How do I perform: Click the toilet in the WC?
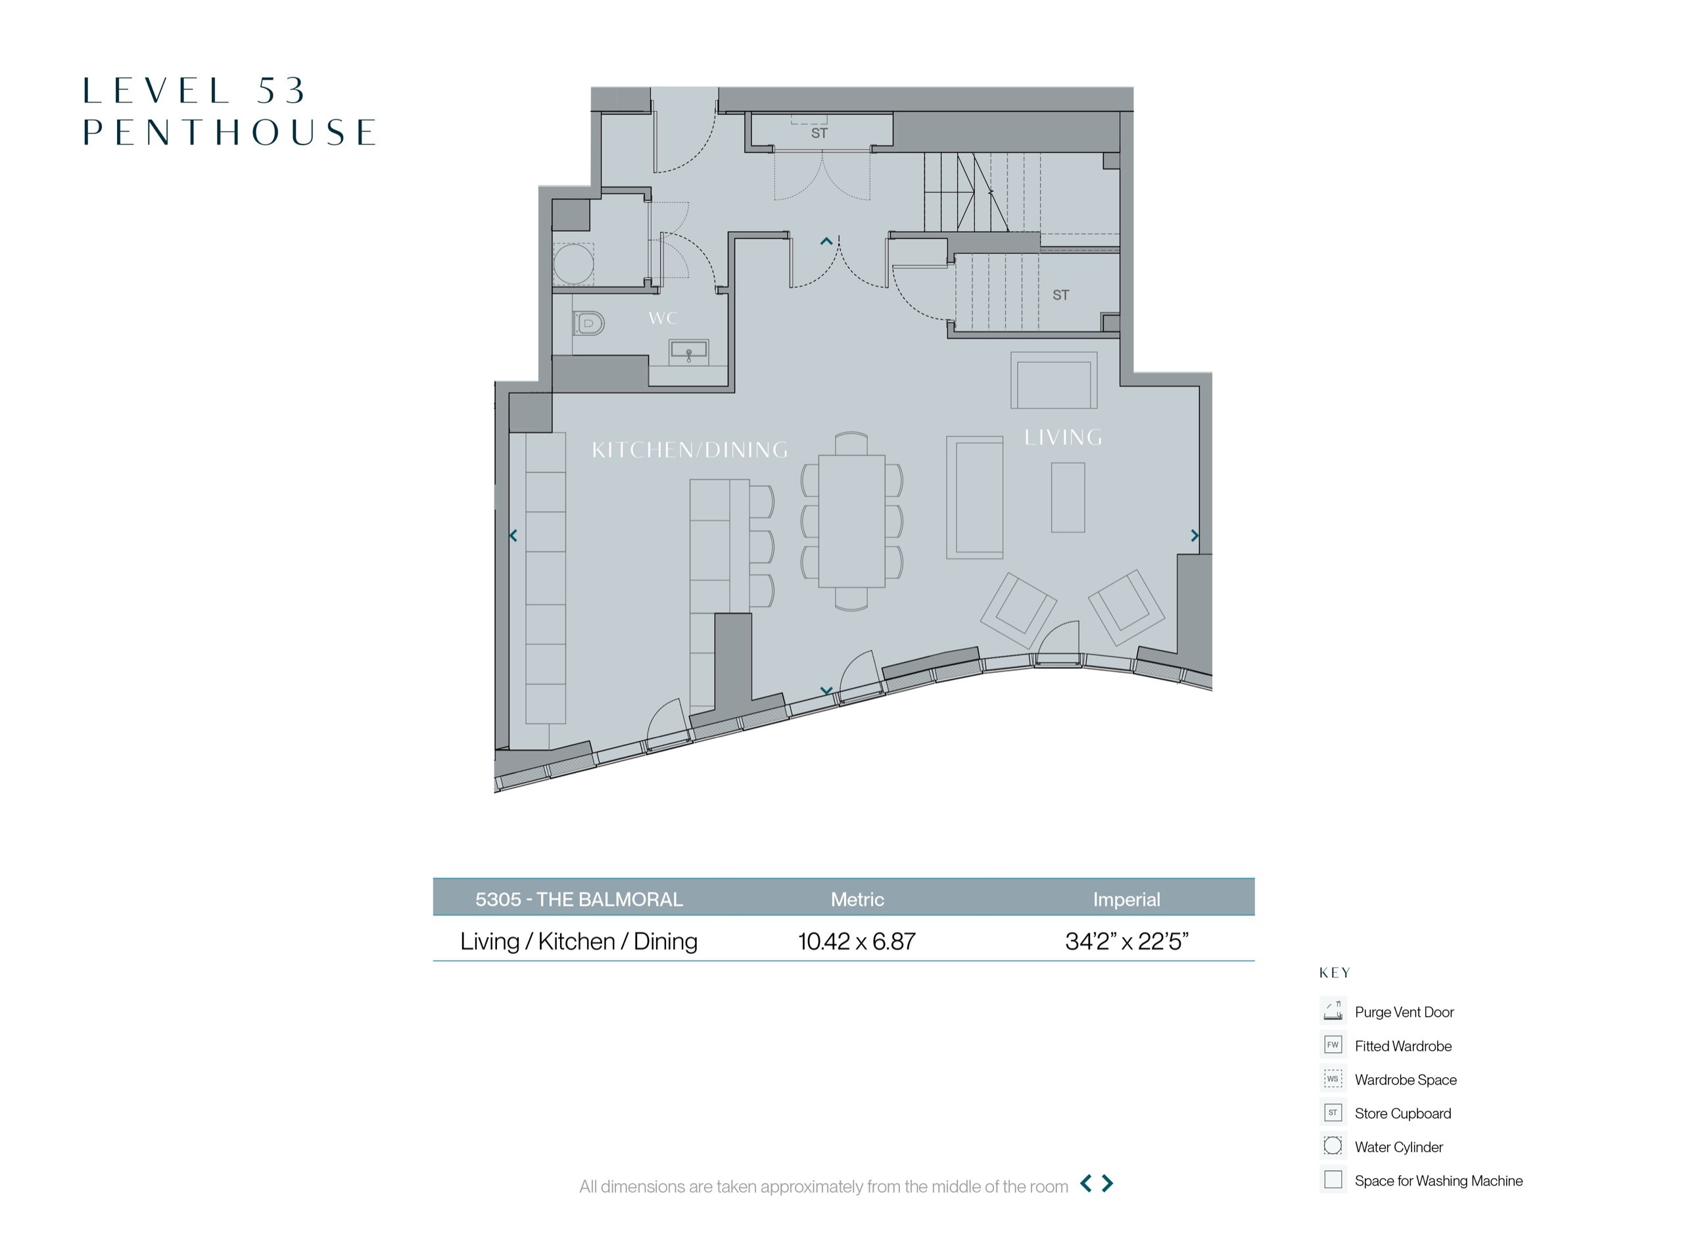589,323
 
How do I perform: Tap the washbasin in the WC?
689,350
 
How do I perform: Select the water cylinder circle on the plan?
573,264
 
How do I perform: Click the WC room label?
662,318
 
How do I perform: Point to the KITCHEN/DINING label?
690,450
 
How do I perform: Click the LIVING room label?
1063,438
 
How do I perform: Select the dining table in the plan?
851,520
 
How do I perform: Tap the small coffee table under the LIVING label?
1068,497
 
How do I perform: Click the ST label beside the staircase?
1060,295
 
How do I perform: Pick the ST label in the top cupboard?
819,133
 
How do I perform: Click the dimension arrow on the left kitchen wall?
513,536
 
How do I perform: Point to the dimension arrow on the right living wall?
1195,536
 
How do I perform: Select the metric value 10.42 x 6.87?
857,941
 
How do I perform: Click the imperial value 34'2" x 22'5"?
1126,941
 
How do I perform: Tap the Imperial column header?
1126,899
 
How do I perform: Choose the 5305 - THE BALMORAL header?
579,899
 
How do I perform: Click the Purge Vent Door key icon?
1333,1009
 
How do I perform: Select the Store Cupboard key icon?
1333,1112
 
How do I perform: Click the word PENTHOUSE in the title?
229,132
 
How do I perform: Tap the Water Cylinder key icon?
1333,1145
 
